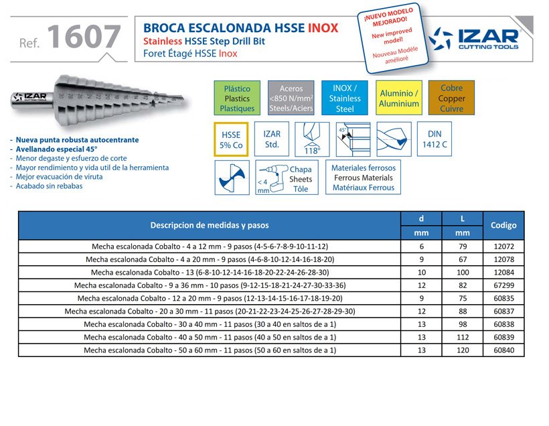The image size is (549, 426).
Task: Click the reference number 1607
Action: click(x=84, y=38)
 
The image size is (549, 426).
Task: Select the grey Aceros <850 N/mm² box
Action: click(x=291, y=98)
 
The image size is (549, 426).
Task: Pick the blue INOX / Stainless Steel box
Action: click(x=345, y=98)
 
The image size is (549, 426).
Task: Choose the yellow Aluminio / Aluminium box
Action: click(x=399, y=98)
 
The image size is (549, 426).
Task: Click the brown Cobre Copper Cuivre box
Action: click(x=452, y=98)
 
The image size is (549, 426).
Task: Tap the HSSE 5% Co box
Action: click(x=231, y=139)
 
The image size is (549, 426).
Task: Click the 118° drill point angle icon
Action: click(x=313, y=139)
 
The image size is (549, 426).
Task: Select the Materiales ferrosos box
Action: click(x=364, y=177)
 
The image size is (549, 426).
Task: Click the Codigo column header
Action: click(x=503, y=226)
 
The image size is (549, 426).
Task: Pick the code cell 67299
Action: click(x=503, y=285)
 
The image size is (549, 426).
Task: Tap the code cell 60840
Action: click(x=503, y=350)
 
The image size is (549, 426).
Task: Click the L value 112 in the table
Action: click(x=463, y=337)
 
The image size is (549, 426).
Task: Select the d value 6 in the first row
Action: click(x=420, y=246)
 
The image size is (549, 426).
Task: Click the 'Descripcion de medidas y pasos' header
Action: click(x=209, y=226)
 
